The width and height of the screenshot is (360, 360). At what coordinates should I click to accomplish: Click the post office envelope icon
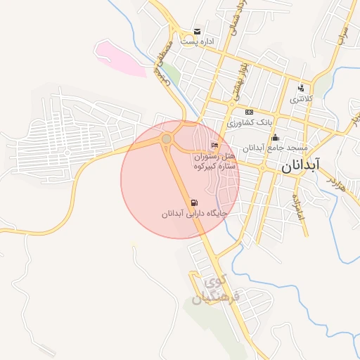point(197,32)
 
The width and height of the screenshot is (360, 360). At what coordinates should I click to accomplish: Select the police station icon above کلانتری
point(301,88)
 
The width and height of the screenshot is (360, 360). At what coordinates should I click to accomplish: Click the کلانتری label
point(301,99)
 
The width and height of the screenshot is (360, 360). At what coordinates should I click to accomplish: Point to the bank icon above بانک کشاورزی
point(248,112)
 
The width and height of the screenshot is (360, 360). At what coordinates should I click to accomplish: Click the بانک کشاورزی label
point(248,122)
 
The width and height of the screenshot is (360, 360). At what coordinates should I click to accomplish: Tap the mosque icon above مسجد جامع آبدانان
point(275,137)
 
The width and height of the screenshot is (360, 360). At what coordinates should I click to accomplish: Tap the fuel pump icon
point(194,202)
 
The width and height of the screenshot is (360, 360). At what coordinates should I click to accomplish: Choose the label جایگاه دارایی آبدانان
point(194,213)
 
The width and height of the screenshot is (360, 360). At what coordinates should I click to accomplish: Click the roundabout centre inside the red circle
point(167,139)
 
